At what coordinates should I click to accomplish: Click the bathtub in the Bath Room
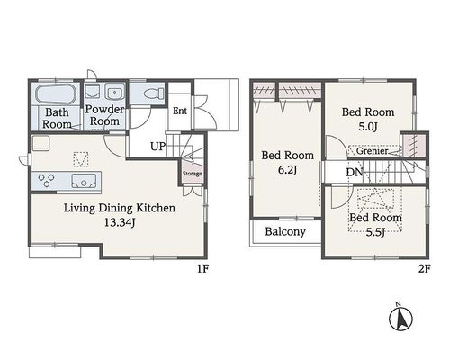point(56,94)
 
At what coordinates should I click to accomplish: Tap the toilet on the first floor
point(154,93)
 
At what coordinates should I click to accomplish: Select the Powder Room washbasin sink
point(114,92)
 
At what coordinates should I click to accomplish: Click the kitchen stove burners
point(47,180)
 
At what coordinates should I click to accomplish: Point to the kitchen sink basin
point(85,181)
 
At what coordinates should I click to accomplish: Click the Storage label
point(193,174)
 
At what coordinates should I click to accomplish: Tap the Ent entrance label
point(180,111)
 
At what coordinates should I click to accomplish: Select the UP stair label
point(157,147)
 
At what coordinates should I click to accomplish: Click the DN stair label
point(355,172)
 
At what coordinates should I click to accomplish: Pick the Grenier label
point(373,151)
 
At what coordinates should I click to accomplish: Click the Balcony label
point(285,231)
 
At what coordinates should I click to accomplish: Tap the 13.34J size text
point(120,222)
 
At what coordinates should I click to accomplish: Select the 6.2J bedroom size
point(287,170)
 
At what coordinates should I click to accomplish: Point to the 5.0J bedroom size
point(368,127)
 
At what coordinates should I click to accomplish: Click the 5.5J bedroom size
point(375,232)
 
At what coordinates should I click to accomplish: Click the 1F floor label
point(202,269)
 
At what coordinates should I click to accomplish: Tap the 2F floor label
point(425,269)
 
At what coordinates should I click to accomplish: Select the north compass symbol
point(400,319)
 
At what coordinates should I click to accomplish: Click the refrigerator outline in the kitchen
point(40,143)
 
